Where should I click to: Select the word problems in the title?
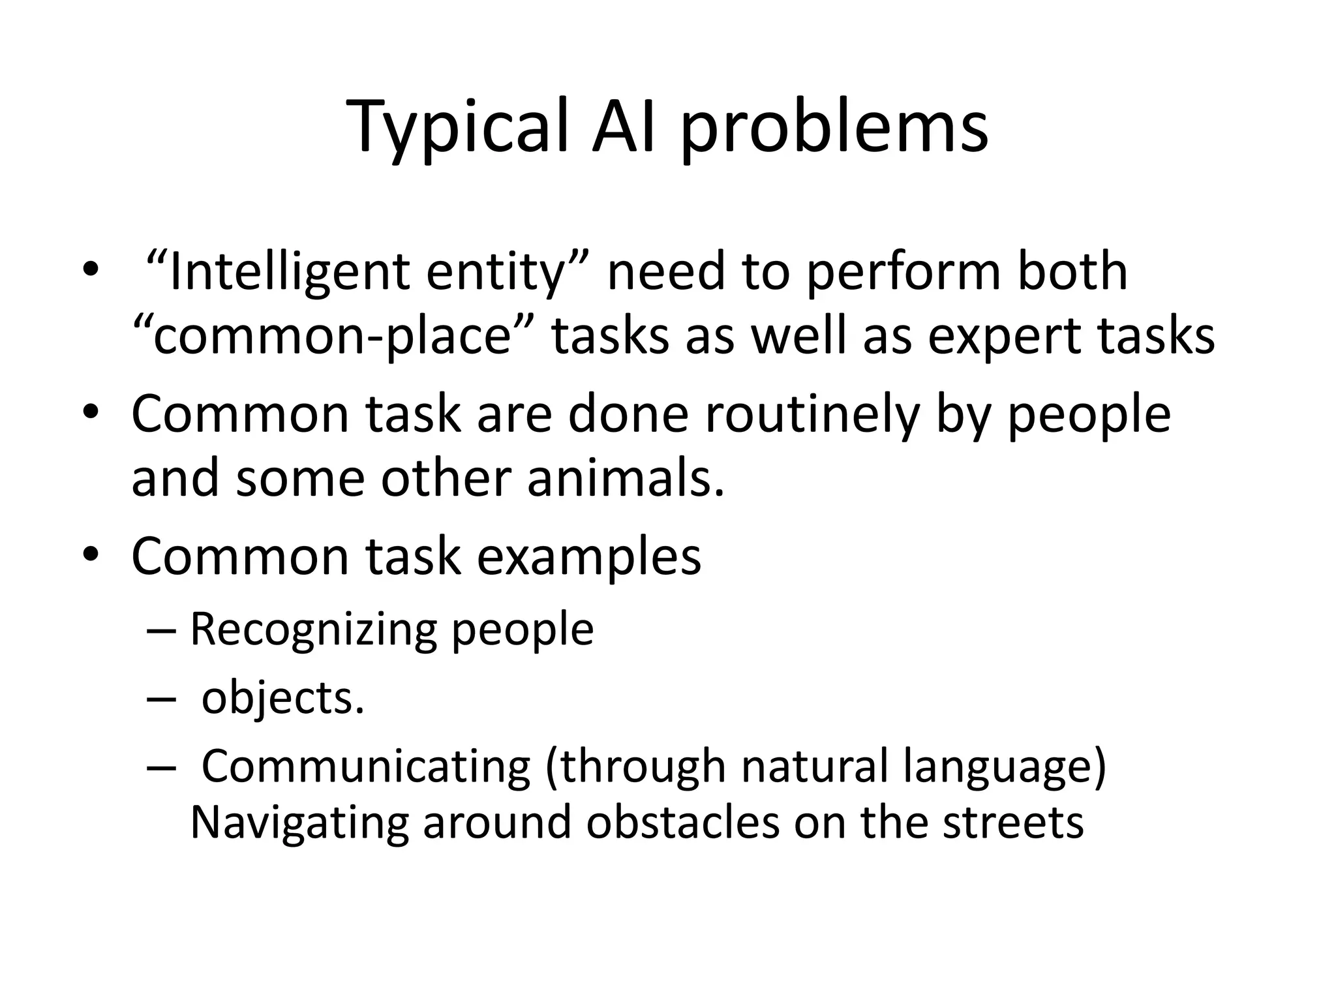click(x=834, y=127)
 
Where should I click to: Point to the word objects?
click(x=282, y=699)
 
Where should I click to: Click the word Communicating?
click(x=366, y=767)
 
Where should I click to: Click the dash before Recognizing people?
click(x=160, y=631)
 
